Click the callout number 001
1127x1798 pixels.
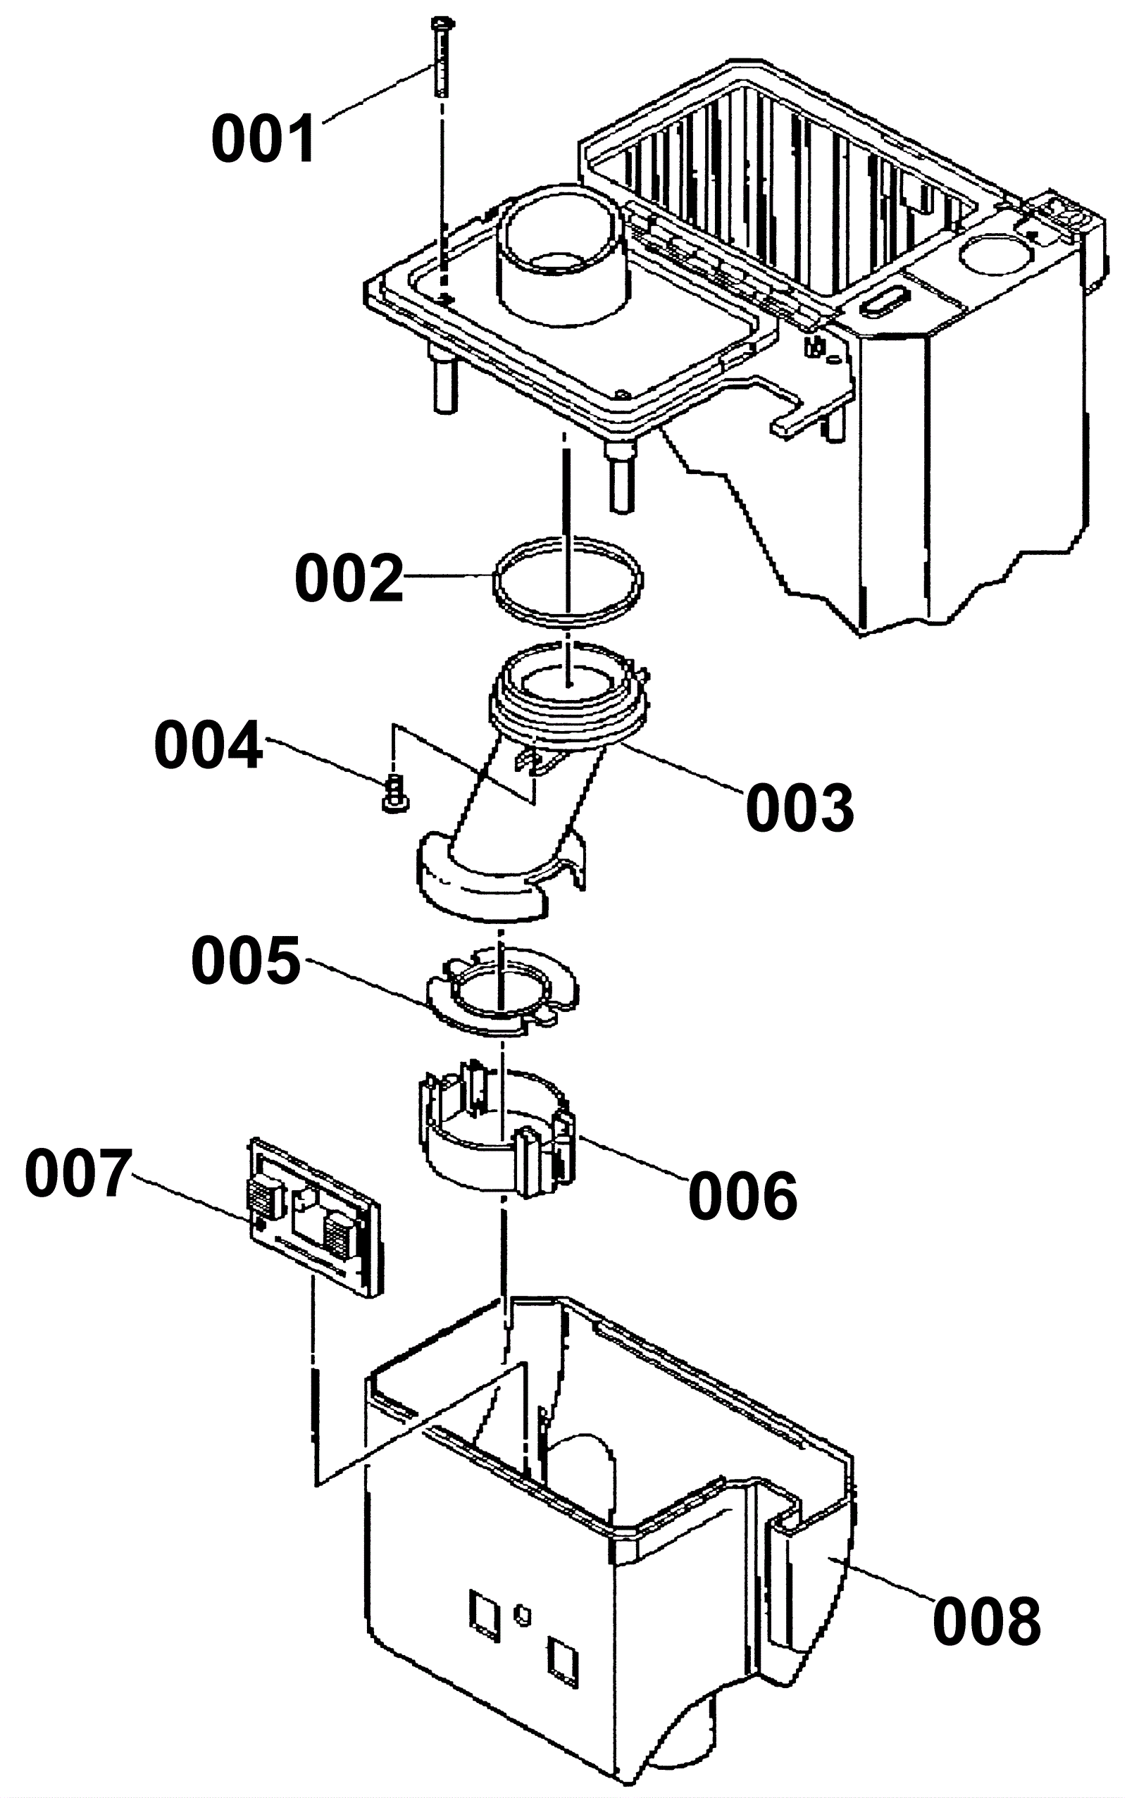[x=265, y=139]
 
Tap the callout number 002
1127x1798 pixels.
[x=349, y=578]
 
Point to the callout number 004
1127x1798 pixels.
[x=208, y=744]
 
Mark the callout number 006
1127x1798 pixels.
[x=742, y=1195]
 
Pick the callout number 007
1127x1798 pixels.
[x=79, y=1174]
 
